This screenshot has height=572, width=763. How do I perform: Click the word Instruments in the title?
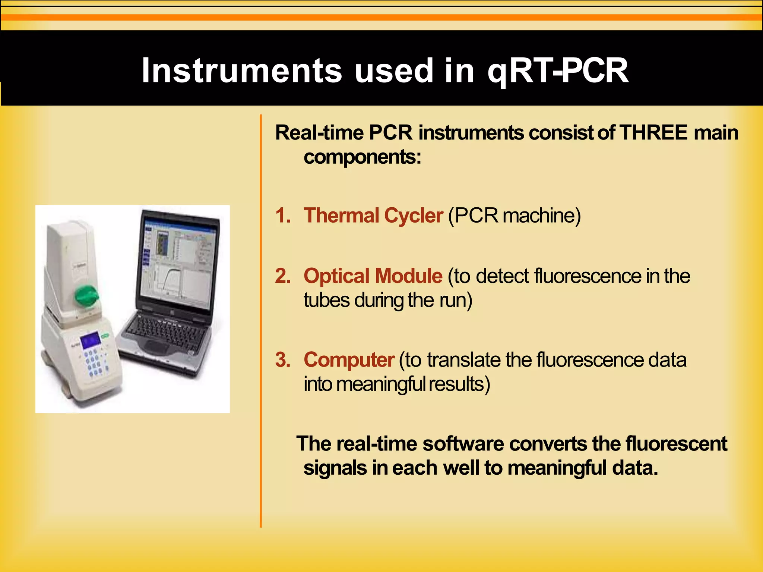pos(241,70)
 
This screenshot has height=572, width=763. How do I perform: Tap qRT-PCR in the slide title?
pos(558,70)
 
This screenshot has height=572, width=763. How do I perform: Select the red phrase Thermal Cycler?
pos(373,216)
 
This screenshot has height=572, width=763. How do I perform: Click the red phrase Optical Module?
pos(373,276)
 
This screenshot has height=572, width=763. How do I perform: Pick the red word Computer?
pos(349,360)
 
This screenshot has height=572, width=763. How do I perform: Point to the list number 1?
pos(282,216)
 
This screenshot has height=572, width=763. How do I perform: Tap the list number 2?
pos(282,276)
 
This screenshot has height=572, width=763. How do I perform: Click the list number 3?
pos(282,360)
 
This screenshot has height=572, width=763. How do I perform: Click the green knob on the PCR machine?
pos(87,297)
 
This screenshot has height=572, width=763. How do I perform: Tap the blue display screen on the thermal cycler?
pos(91,340)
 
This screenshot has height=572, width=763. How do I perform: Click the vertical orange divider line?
pos(261,321)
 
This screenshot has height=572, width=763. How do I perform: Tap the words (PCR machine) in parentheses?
pos(514,216)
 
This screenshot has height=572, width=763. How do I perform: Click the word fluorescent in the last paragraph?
pos(676,444)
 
